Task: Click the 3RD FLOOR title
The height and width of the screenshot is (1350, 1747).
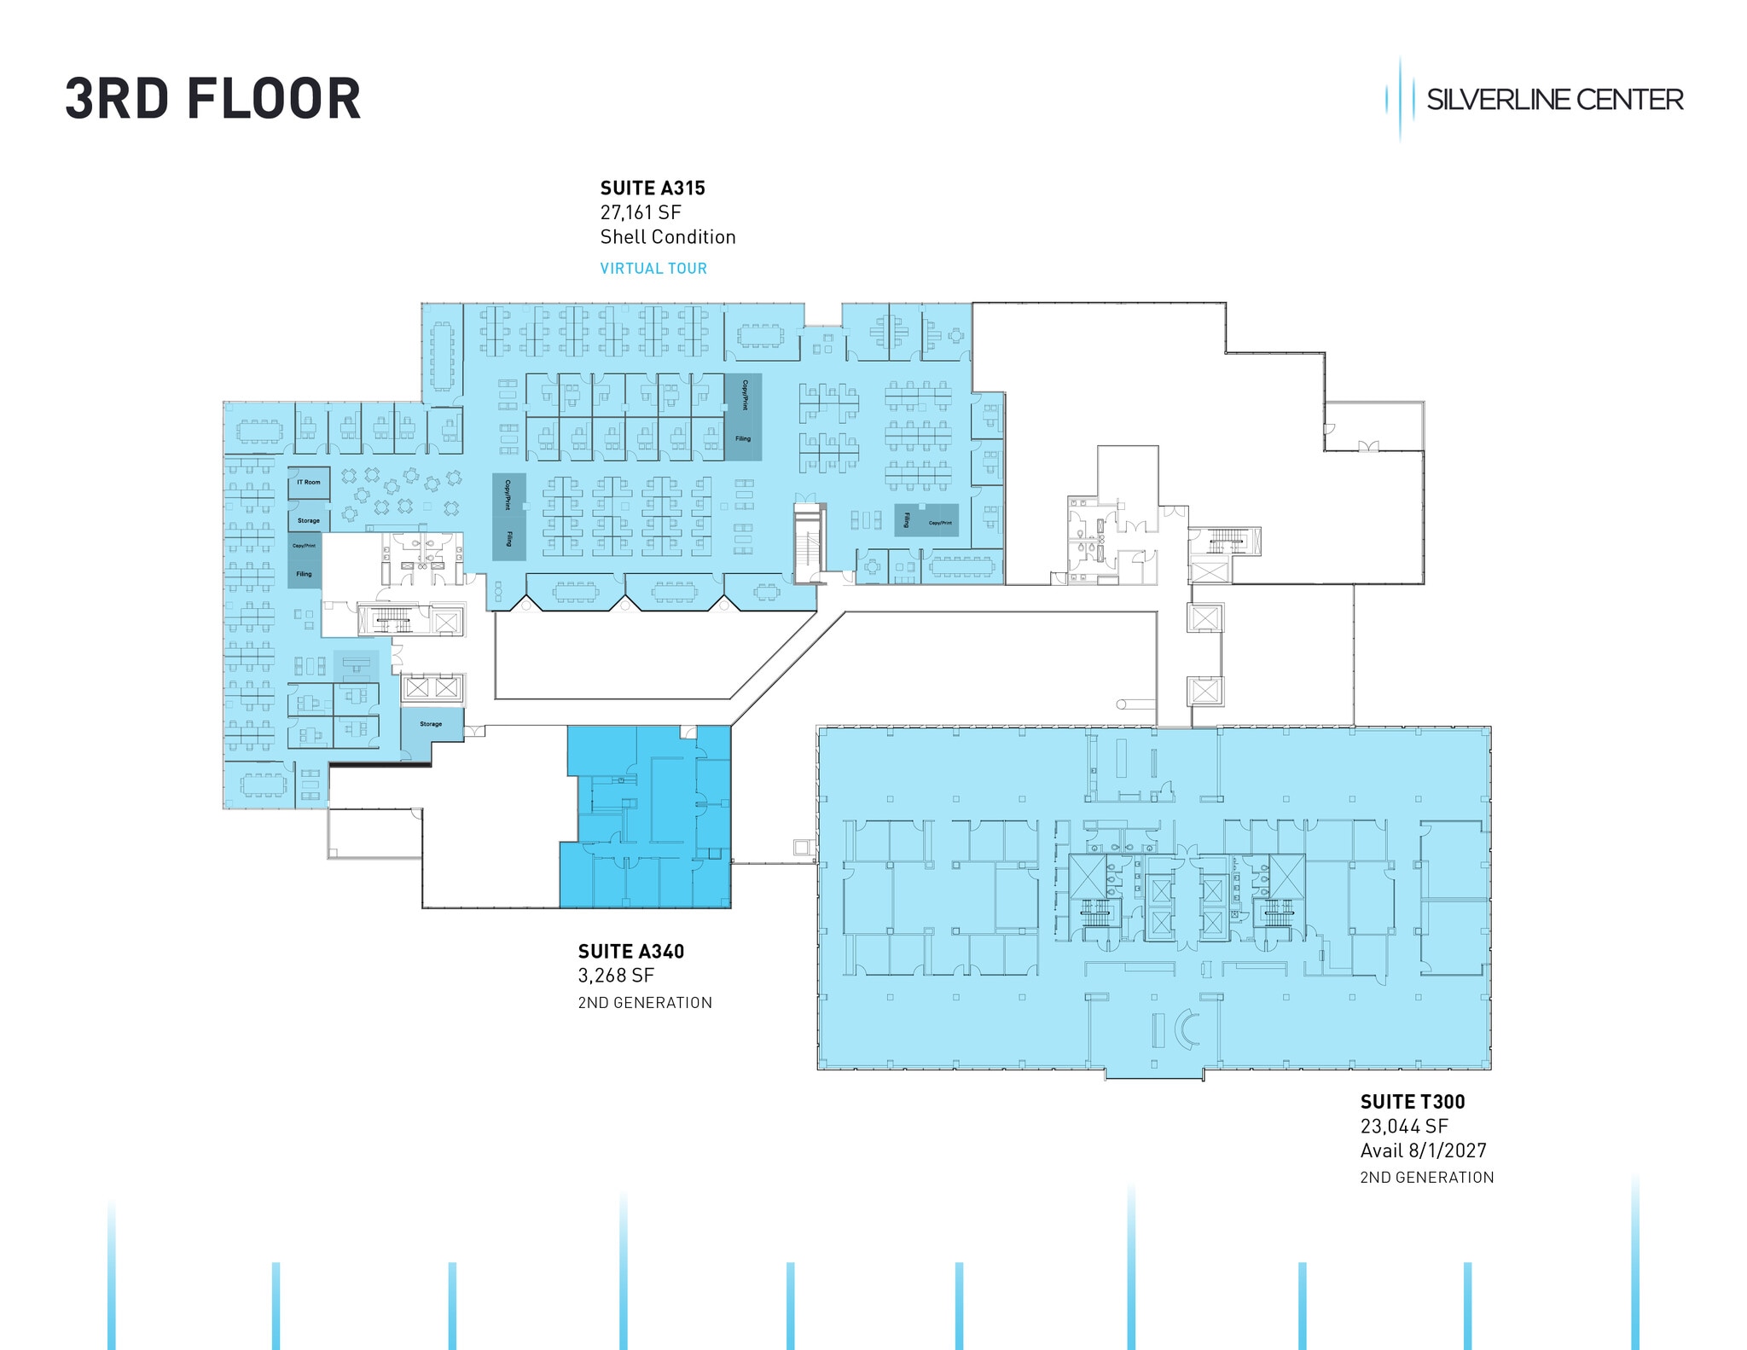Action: click(213, 99)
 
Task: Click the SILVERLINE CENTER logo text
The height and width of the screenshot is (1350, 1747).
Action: click(1553, 100)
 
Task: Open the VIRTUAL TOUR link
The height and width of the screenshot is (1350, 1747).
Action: click(653, 269)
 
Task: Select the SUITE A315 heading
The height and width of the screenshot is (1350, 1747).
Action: click(653, 188)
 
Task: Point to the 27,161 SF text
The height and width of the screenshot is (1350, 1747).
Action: click(641, 212)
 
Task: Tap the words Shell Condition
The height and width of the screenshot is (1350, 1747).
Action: click(667, 237)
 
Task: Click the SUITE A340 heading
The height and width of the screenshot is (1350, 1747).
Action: click(630, 951)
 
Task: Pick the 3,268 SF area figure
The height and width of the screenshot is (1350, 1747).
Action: click(616, 975)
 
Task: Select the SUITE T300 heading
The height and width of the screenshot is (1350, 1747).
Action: click(1413, 1102)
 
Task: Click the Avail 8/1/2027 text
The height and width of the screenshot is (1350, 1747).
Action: click(1423, 1150)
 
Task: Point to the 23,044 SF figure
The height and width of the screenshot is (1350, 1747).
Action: click(1404, 1126)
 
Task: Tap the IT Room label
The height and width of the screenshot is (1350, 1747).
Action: click(309, 483)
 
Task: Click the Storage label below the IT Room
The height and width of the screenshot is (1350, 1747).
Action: click(309, 520)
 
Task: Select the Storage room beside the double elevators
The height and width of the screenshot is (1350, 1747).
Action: click(432, 724)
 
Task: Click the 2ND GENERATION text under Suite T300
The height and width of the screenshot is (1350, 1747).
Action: click(1426, 1178)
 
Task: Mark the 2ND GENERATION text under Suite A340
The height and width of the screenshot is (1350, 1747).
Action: click(645, 1003)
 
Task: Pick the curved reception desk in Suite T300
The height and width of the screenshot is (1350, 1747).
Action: click(1185, 1030)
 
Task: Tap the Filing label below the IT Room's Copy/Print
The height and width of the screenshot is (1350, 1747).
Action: click(305, 574)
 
